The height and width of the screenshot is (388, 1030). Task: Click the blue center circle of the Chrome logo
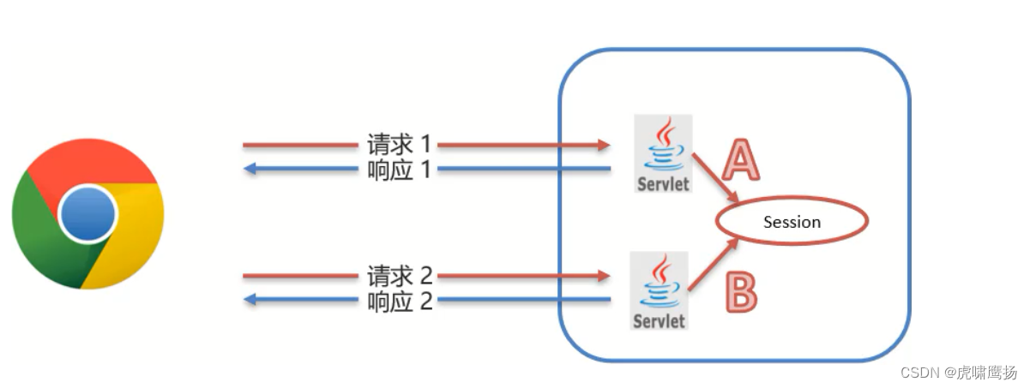click(88, 213)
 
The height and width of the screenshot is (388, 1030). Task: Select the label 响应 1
click(397, 169)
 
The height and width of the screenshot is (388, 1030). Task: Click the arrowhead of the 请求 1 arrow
click(604, 146)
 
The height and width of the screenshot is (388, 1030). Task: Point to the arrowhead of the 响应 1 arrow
click(250, 169)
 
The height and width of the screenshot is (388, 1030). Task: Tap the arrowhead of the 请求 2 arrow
click(603, 277)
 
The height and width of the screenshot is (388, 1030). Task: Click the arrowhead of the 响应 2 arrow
click(250, 300)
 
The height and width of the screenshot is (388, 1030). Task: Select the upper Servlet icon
click(663, 153)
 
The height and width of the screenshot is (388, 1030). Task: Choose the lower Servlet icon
click(660, 290)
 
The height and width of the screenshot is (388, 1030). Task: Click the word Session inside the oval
click(792, 222)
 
